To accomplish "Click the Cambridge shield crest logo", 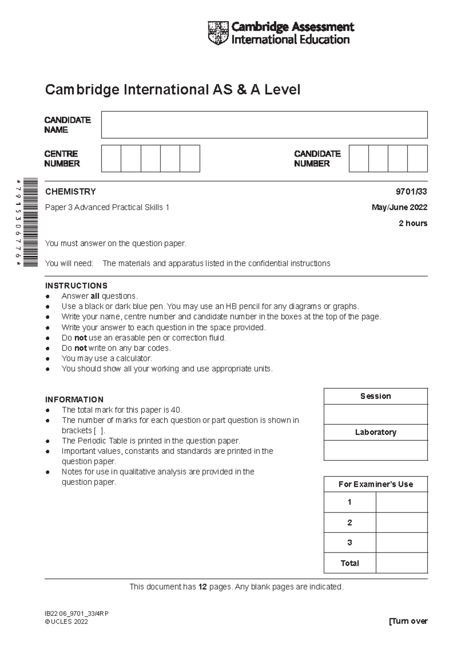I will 218,33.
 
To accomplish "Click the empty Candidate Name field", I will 264,125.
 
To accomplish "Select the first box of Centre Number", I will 111,159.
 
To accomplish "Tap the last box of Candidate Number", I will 417,159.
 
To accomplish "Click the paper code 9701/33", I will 411,192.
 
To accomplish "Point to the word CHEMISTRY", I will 71,192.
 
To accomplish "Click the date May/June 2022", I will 399,207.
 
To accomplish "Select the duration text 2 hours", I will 413,223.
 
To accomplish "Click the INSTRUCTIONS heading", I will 76,286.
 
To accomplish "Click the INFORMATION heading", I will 74,399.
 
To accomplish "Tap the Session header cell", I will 375,396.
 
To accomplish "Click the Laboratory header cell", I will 375,432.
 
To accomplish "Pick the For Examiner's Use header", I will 375,484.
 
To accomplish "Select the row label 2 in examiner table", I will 350,523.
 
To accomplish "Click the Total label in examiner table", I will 350,563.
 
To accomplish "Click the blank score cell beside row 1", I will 401,502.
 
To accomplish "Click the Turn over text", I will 408,621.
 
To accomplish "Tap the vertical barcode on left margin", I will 30,222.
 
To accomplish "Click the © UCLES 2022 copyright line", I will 66,622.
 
